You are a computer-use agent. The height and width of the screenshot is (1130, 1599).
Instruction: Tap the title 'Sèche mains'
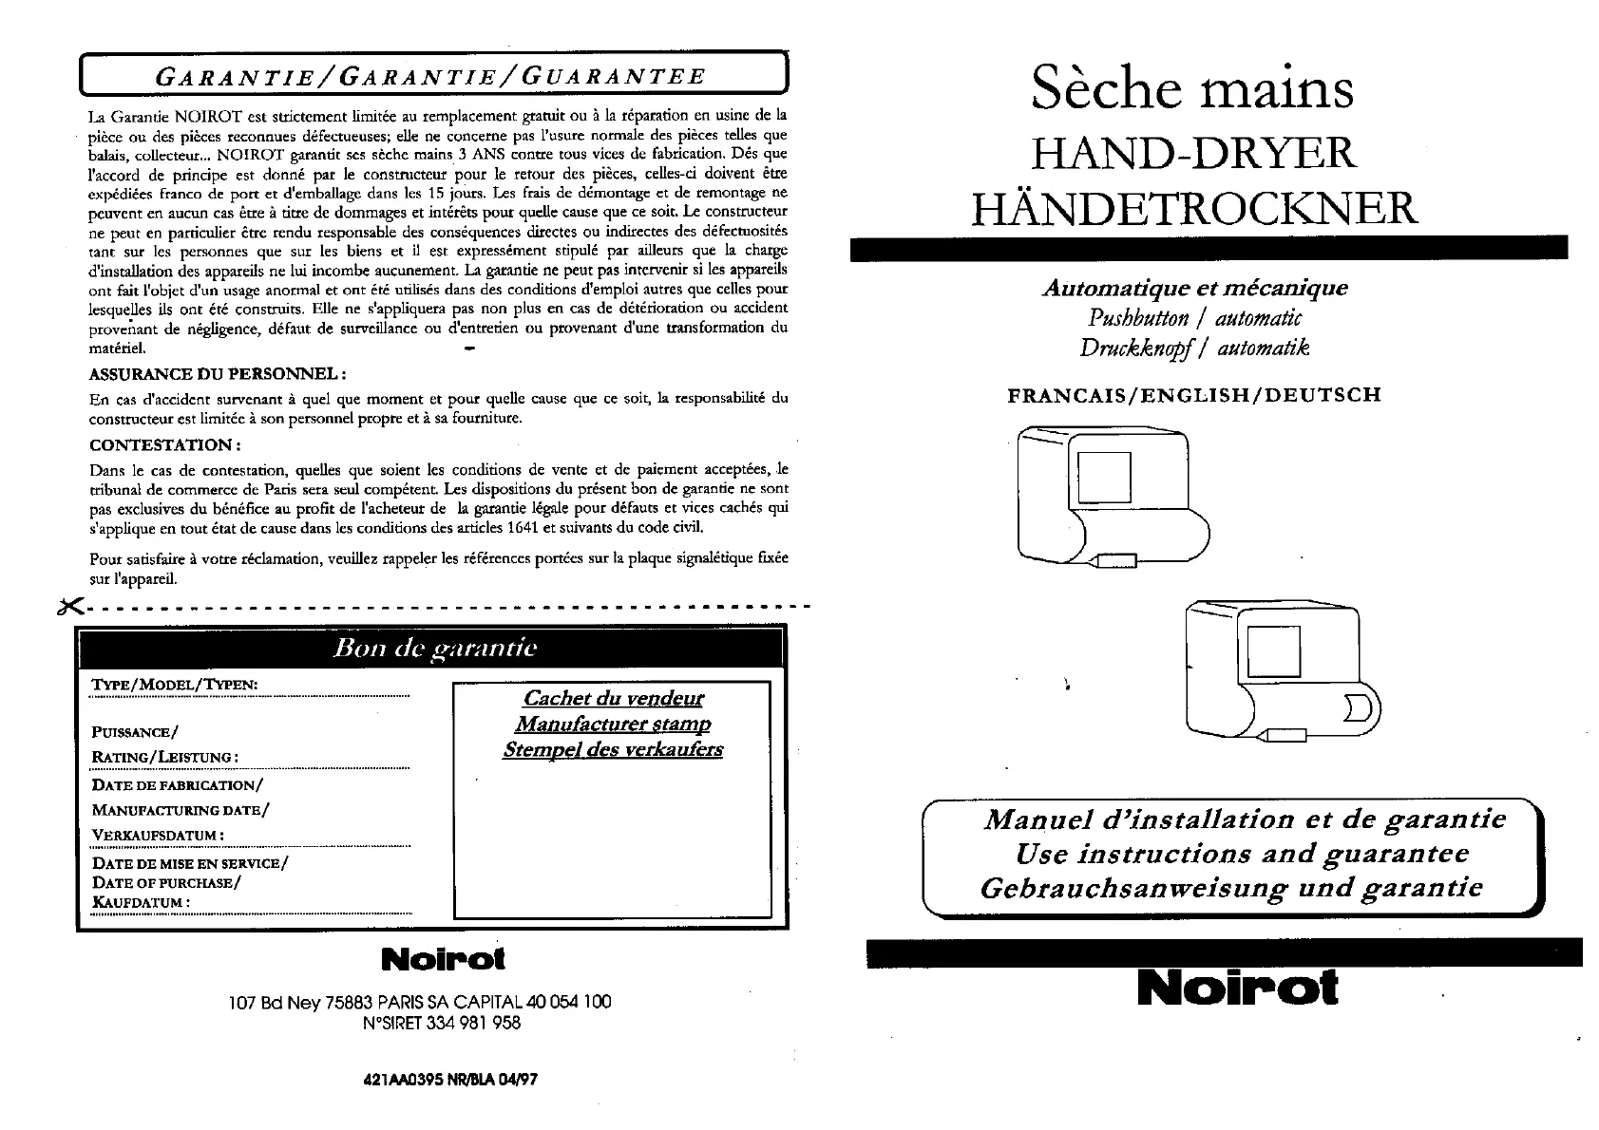tap(1192, 88)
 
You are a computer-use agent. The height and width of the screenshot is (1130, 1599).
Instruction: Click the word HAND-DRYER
tap(1194, 153)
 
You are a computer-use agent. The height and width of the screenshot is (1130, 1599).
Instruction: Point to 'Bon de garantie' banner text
tap(434, 649)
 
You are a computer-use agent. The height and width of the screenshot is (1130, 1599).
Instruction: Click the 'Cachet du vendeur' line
tap(614, 698)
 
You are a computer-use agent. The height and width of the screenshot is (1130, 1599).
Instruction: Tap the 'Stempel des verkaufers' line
tap(613, 749)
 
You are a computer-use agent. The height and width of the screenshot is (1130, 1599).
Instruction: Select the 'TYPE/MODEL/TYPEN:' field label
tap(174, 686)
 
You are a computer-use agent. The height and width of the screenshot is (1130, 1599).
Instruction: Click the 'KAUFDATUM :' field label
tap(141, 902)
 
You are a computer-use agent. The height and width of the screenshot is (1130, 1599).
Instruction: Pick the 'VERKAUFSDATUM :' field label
tap(158, 836)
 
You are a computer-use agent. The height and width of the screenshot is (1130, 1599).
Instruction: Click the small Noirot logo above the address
tap(443, 959)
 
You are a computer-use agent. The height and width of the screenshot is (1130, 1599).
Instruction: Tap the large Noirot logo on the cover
tap(1237, 989)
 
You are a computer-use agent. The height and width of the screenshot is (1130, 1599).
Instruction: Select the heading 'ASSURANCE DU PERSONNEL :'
tap(217, 373)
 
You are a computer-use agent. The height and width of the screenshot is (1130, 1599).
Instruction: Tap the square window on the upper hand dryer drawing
tap(1105, 478)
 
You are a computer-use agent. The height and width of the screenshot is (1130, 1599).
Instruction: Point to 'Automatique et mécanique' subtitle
tap(1194, 288)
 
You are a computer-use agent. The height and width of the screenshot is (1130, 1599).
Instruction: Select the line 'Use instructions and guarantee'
tap(1241, 854)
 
